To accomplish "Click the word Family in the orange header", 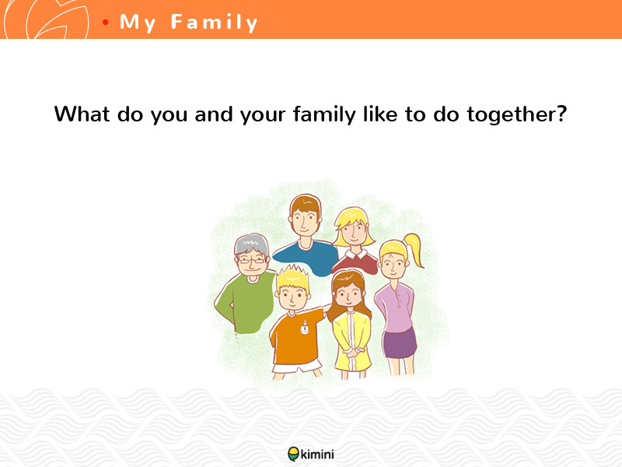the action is tap(215, 23).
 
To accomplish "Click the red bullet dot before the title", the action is tap(105, 23).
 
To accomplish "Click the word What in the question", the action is tap(82, 114).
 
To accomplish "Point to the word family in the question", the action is tap(324, 115).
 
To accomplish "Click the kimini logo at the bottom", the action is tap(311, 454).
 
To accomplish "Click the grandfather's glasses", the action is tap(251, 261).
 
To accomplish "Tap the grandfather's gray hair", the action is tap(251, 244).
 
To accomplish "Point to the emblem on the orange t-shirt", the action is tap(304, 327).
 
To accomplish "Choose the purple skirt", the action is tap(400, 343).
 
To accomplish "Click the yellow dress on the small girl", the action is tap(352, 341).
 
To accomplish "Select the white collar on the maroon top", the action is tap(356, 254).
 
